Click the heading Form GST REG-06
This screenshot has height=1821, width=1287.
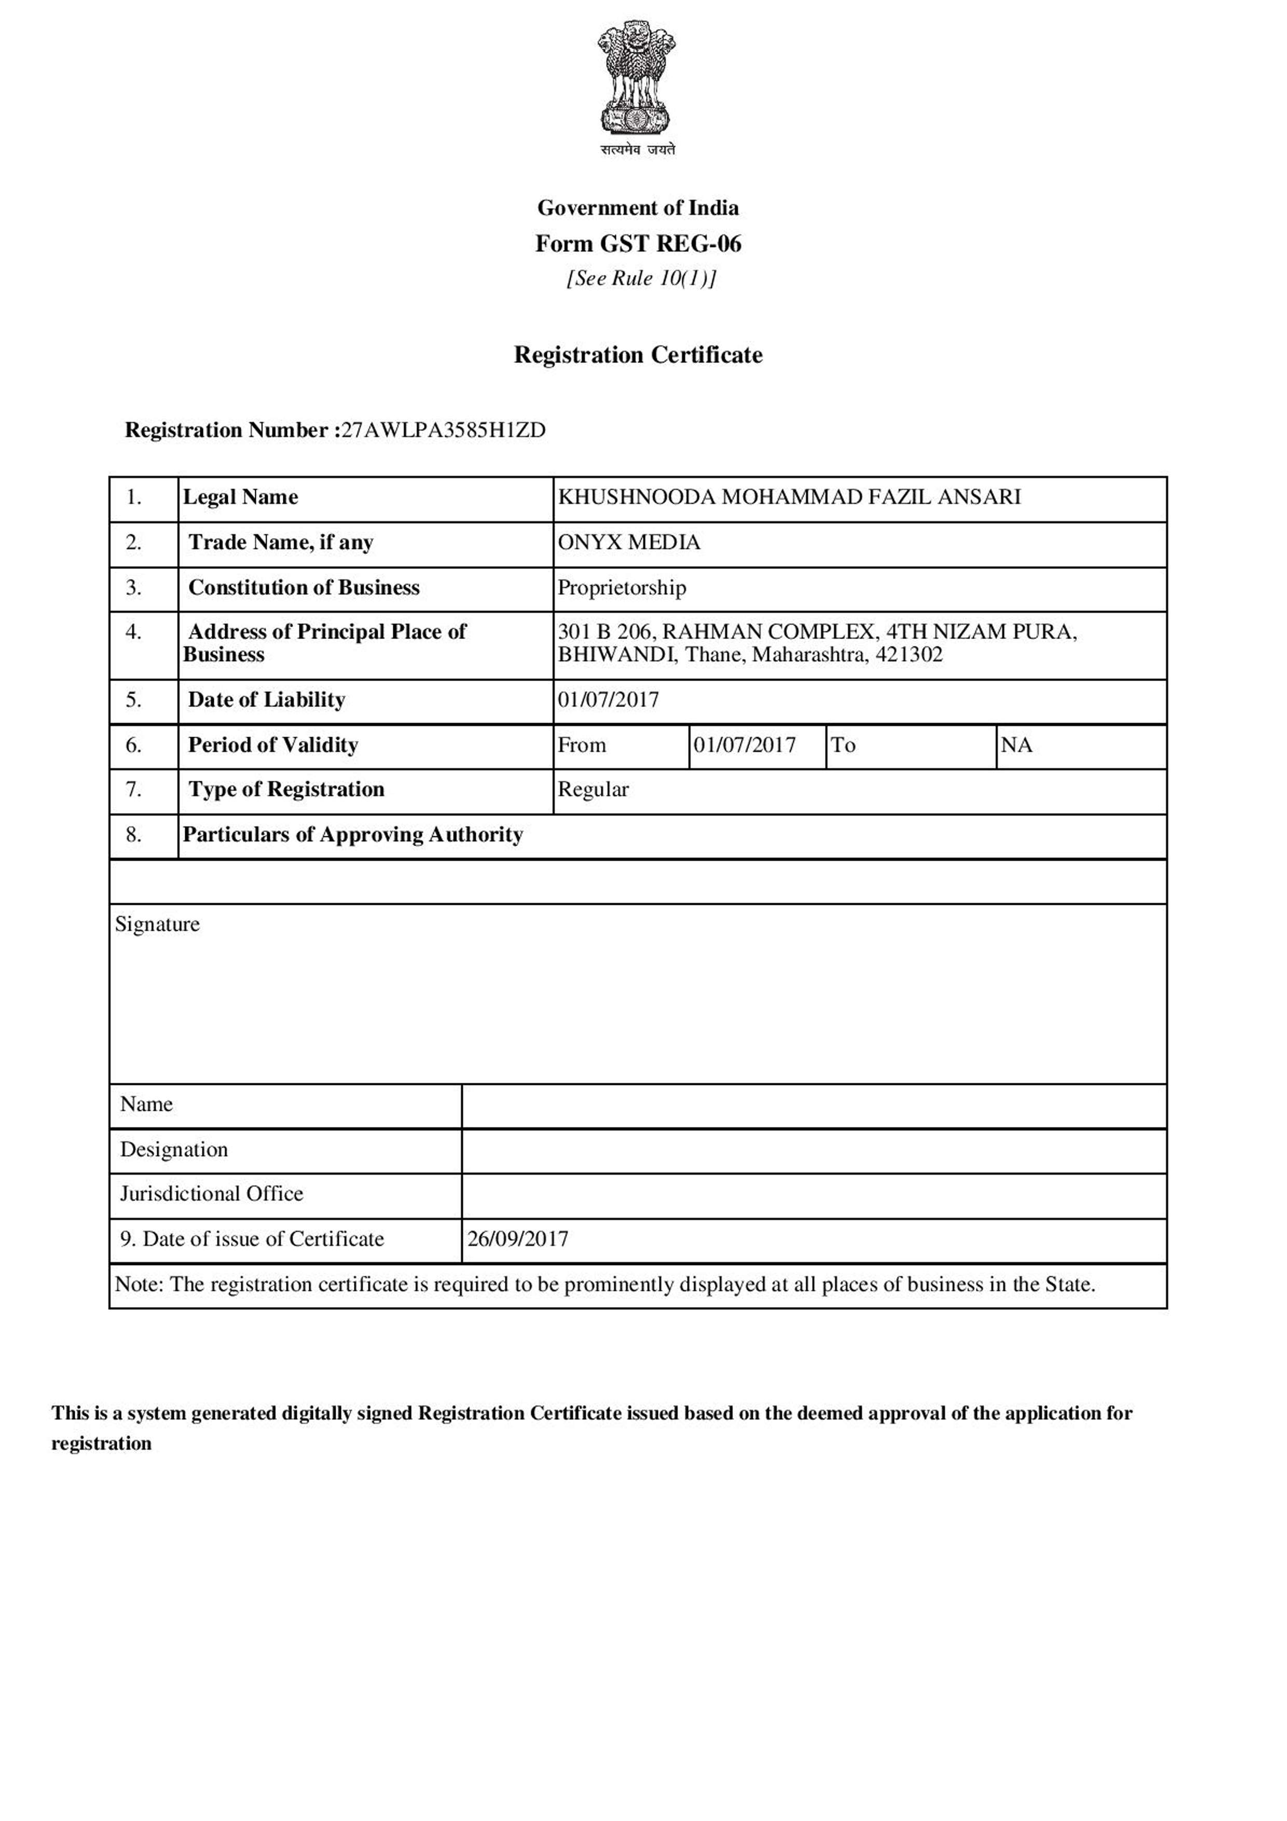(638, 243)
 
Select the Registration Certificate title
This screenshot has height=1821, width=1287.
(638, 355)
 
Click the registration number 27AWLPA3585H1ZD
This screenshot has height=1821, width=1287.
(443, 430)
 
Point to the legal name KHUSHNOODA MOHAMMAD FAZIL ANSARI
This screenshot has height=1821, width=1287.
(789, 497)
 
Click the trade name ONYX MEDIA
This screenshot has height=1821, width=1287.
(629, 542)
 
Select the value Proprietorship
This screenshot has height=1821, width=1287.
(622, 588)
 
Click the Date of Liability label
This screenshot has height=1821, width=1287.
(266, 700)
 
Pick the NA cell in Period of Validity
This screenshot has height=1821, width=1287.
(1017, 745)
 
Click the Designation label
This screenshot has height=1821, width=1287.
(174, 1150)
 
